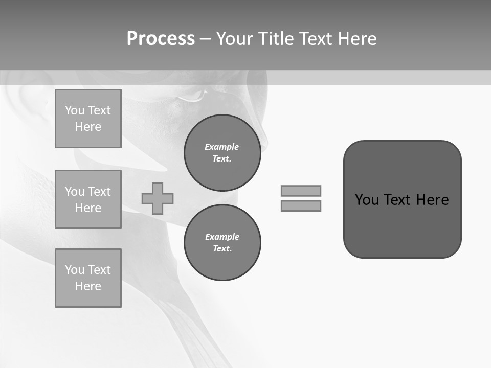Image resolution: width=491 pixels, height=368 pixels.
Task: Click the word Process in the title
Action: [161, 39]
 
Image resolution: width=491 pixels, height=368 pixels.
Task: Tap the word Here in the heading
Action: [358, 39]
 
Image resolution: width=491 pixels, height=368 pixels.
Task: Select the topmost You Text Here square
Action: [88, 119]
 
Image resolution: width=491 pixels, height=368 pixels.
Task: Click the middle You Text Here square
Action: [88, 199]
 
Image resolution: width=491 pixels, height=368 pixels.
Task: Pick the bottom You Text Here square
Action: [88, 278]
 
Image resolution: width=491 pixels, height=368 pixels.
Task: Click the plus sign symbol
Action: [158, 198]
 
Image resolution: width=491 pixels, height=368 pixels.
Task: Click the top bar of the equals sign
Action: [301, 191]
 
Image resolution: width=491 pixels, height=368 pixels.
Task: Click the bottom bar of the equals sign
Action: [301, 206]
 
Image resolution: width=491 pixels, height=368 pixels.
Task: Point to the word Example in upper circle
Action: [222, 147]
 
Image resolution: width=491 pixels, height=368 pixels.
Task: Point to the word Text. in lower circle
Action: [222, 248]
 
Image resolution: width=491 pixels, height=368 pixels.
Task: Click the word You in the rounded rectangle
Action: [366, 200]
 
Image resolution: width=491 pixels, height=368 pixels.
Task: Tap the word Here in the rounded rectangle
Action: [432, 200]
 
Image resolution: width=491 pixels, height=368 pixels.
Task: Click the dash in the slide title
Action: [205, 39]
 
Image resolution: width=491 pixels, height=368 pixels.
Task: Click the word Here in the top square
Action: [88, 127]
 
